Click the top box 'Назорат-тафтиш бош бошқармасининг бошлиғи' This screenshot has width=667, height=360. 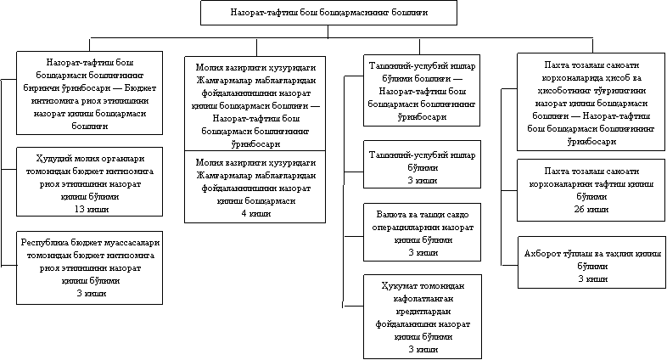tap(328, 13)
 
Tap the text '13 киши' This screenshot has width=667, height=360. tap(90, 208)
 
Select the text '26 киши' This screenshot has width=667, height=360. tap(591, 208)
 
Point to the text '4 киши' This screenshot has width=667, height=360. tap(256, 213)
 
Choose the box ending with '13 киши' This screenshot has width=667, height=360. tap(90, 183)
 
